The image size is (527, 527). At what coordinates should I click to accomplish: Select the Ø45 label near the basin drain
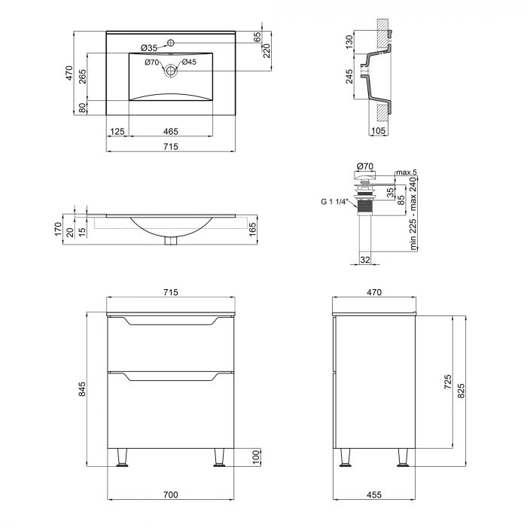189,62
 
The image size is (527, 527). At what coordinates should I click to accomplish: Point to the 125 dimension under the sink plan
117,132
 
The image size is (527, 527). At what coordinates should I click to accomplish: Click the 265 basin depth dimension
82,77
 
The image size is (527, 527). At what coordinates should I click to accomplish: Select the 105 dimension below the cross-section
379,132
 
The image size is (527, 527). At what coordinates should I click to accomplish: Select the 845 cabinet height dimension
82,389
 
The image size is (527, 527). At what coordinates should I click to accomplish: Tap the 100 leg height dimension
254,457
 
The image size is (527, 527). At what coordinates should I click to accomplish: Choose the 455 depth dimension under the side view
374,495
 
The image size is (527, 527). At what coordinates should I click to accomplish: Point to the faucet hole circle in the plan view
172,42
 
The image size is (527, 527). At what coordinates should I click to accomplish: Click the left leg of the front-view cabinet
121,458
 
